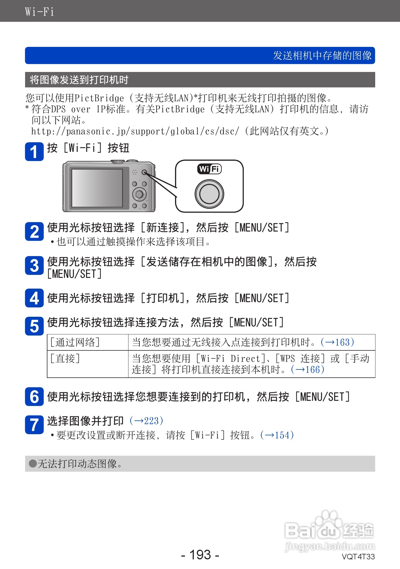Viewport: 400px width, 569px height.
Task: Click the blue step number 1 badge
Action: coord(34,151)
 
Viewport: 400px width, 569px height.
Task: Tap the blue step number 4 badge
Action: coord(34,298)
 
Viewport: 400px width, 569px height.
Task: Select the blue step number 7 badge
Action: coord(34,425)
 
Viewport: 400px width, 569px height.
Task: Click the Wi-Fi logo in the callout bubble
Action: coord(210,169)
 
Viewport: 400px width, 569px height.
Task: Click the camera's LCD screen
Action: coord(97,188)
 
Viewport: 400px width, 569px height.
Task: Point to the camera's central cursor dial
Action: coord(139,194)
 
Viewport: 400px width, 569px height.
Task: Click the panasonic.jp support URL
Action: coord(135,131)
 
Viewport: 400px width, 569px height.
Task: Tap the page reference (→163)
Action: coord(337,342)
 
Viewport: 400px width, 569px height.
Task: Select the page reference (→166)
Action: coord(308,370)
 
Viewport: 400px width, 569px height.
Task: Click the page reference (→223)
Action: coord(146,421)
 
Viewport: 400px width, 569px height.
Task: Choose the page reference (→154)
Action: coord(277,435)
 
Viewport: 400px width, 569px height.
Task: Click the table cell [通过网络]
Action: coord(75,342)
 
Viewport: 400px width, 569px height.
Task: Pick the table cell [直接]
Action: coord(65,359)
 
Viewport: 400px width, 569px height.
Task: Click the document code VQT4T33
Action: coord(358,557)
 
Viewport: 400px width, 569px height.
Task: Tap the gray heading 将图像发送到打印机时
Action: coord(79,80)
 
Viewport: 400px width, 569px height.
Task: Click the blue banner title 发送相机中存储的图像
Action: coord(322,56)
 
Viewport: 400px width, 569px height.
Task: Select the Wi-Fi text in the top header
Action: coord(39,12)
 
